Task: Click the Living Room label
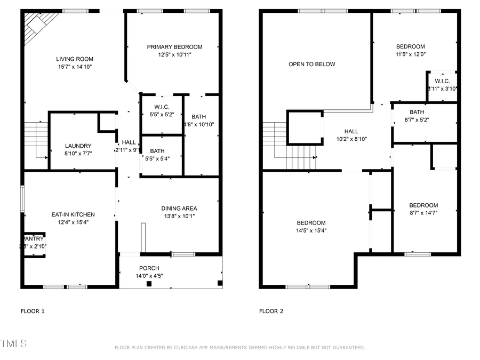pos(75,59)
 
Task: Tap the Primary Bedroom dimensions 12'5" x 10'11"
pos(174,54)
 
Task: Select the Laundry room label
pos(78,146)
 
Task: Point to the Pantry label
pos(34,239)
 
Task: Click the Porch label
pos(149,268)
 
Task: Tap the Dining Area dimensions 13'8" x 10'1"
pos(179,216)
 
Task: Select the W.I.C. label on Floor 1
pos(162,107)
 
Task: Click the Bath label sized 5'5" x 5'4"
pos(157,151)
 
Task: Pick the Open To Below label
pos(312,65)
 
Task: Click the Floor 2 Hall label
pos(351,131)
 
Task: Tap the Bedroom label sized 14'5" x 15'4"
pos(311,223)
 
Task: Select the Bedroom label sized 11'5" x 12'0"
pos(410,46)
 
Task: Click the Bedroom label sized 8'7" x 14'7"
pos(423,205)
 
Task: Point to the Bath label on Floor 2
pos(417,112)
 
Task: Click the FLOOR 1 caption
pos(33,311)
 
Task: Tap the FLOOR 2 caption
pos(271,311)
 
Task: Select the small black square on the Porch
pos(149,284)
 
